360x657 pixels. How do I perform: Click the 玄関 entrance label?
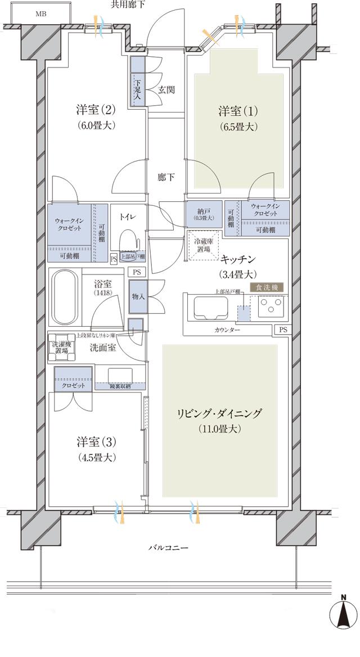166,89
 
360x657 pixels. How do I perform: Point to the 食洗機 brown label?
267,287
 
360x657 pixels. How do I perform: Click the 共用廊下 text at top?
128,4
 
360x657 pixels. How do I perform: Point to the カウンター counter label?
227,330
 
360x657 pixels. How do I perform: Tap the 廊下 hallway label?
166,177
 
